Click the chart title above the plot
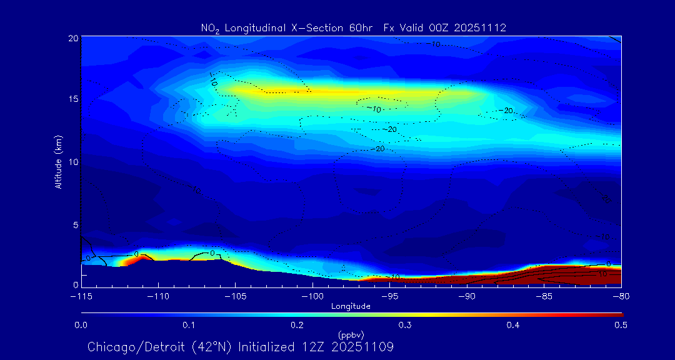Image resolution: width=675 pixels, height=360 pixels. (354, 27)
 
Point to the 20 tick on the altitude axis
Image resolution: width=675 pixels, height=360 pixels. (73, 38)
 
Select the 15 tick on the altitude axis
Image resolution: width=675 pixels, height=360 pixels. (73, 99)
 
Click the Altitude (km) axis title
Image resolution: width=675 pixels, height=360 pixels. (58, 162)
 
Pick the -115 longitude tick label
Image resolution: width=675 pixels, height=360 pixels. (81, 296)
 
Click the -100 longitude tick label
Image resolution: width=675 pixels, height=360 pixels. (312, 296)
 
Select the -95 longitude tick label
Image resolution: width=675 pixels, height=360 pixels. (389, 296)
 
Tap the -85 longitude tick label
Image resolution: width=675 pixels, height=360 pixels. (544, 296)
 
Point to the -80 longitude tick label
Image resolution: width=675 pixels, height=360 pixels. (621, 296)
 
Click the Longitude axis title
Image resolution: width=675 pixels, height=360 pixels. (351, 306)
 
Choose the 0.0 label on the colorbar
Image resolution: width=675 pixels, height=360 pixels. (81, 325)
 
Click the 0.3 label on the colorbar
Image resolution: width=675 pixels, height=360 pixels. (405, 325)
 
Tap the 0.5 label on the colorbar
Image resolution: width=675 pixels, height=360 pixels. (621, 325)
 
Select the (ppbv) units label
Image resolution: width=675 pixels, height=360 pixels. (351, 334)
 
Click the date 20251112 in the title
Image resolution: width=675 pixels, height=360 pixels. (481, 27)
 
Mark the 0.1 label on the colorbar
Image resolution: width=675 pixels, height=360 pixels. (189, 325)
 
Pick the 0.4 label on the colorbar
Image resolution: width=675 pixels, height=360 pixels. (513, 325)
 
